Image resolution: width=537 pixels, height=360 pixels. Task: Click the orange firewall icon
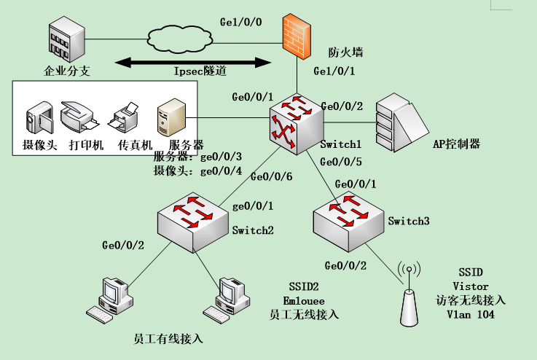[298, 34]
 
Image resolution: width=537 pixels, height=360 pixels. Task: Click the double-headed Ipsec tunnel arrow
[189, 64]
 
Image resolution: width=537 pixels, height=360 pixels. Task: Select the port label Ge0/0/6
[271, 176]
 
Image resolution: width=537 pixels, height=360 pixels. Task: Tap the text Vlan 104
[470, 315]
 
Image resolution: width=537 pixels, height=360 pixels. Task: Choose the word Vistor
[471, 286]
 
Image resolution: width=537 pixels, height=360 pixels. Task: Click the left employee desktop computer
[109, 298]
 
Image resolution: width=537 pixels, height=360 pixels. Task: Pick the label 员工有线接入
[168, 339]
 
